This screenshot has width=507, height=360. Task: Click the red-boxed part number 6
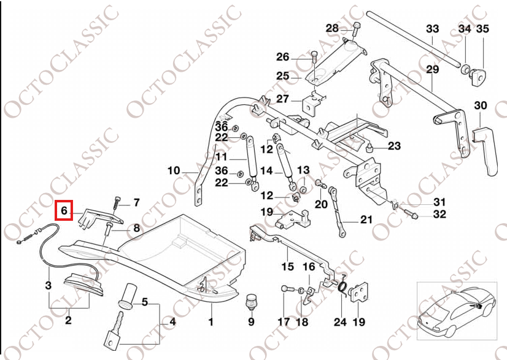64,211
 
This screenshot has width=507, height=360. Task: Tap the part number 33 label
432,29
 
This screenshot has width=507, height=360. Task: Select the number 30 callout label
481,105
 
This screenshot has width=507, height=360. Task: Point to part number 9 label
251,321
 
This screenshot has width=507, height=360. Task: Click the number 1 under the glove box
211,321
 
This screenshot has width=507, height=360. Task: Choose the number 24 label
340,321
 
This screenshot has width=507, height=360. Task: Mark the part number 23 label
394,146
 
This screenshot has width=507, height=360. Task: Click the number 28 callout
331,28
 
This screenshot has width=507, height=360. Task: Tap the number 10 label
174,170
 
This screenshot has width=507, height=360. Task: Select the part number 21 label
366,219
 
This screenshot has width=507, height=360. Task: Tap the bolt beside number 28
355,28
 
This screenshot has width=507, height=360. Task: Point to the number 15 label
288,267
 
